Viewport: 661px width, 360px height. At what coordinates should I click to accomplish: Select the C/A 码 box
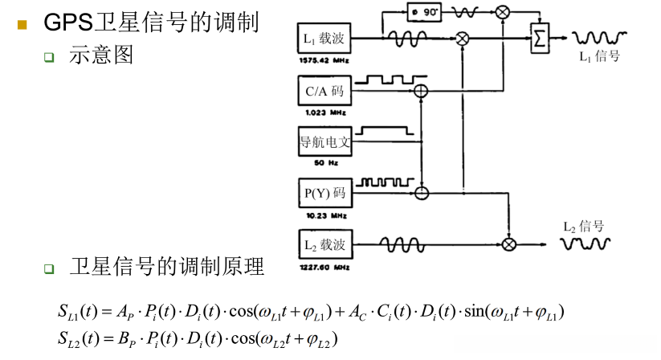coord(324,92)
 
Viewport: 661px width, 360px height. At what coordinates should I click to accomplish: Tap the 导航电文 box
coord(324,142)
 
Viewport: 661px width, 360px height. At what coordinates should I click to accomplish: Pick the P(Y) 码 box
coord(324,193)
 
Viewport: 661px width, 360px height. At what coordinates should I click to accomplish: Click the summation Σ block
coord(538,37)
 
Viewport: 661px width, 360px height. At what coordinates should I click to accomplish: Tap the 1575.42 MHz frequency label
coord(322,59)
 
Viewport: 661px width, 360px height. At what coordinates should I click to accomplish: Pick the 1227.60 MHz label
coord(322,266)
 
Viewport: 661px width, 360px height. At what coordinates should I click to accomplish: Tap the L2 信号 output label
coord(583,227)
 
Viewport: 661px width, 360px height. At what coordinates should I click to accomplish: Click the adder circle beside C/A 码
coord(421,92)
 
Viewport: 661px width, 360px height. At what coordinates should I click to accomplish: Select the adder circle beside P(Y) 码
coord(421,193)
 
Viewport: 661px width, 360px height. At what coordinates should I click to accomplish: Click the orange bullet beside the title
coord(22,24)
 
